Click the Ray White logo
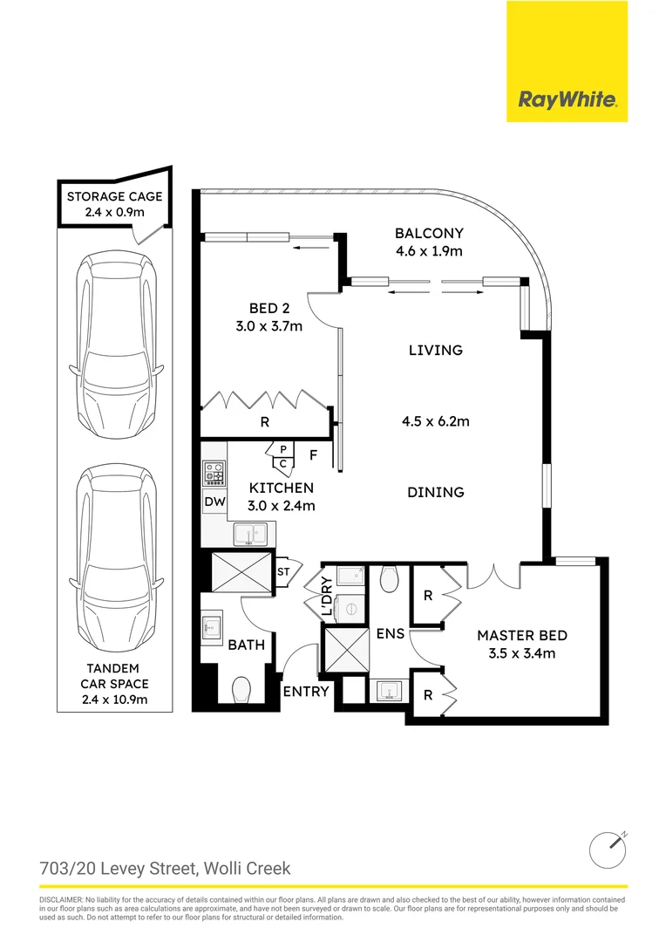click(567, 99)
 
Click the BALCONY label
click(428, 234)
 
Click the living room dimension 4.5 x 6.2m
click(435, 421)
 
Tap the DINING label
click(435, 493)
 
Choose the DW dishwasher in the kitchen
click(214, 502)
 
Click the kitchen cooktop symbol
click(214, 474)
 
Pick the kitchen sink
click(250, 533)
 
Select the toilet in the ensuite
click(390, 577)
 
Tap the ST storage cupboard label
click(283, 571)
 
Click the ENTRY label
click(306, 692)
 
